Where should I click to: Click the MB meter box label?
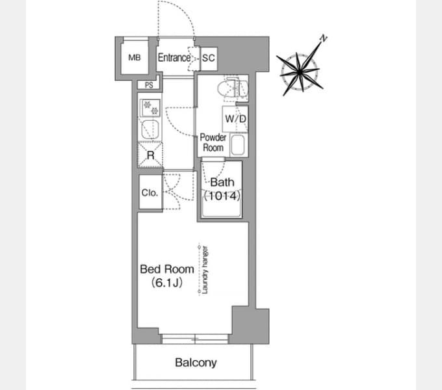point(135,57)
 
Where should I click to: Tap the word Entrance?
point(174,58)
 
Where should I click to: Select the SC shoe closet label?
point(209,58)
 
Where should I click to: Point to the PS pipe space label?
point(149,84)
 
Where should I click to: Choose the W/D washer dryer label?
point(236,119)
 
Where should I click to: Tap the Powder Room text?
point(213,142)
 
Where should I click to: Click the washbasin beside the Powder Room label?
point(237,145)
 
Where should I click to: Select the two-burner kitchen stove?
point(150,108)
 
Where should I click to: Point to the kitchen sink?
point(150,129)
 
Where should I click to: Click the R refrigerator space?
point(151,155)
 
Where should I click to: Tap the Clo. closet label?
point(149,193)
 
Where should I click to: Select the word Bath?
point(222,182)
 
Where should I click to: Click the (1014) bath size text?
point(222,196)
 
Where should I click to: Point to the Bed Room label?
point(167,269)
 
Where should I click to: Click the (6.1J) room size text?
point(167,283)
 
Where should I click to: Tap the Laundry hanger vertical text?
point(205,270)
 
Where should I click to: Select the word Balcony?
point(196,363)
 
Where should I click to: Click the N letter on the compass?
point(324,38)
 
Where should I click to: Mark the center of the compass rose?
point(300,72)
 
